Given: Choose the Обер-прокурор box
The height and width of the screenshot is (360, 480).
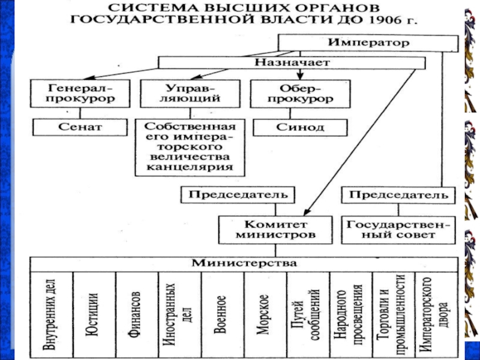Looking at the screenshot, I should pyautogui.click(x=290, y=93).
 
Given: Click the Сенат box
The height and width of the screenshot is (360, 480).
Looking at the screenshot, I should pyautogui.click(x=80, y=127).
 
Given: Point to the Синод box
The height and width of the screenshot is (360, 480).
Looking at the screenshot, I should pyautogui.click(x=299, y=127).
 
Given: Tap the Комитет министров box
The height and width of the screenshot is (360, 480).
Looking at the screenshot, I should pyautogui.click(x=274, y=229).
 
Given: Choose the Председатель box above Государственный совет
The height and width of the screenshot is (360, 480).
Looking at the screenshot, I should pyautogui.click(x=398, y=194).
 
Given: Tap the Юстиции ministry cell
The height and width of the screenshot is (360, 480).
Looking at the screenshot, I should pyautogui.click(x=94, y=312).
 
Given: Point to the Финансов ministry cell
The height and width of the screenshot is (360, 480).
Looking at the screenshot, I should pyautogui.click(x=137, y=312).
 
